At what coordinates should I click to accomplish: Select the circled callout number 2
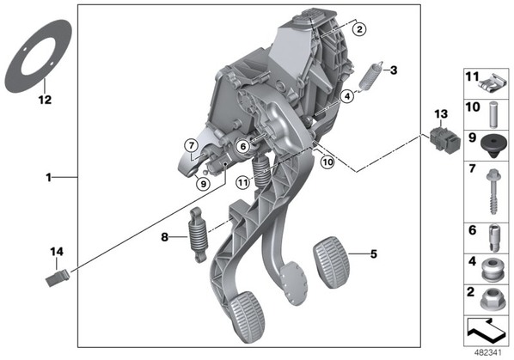[359, 29]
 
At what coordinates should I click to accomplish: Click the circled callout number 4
[347, 96]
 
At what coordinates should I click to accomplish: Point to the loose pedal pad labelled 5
[332, 262]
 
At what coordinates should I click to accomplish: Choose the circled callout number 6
[243, 146]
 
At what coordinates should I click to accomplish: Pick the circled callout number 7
[192, 145]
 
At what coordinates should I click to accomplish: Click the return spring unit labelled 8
[198, 235]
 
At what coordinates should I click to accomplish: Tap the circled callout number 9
[203, 184]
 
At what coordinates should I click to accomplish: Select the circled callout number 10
[327, 162]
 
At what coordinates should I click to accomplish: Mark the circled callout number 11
[242, 182]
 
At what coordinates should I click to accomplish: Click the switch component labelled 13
[445, 140]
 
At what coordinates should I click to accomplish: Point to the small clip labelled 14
[58, 278]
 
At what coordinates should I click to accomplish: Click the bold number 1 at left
[48, 178]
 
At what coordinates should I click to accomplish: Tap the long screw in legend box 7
[493, 192]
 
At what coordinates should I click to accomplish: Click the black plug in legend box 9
[493, 147]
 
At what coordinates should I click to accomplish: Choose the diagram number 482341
[487, 353]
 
